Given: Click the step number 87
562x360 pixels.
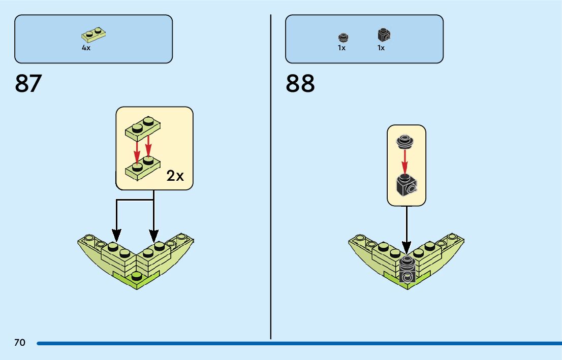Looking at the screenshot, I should click(28, 84).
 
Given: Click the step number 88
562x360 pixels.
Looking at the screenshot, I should click(300, 84).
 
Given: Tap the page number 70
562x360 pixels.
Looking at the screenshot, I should click(20, 343).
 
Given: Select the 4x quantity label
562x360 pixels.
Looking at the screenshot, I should click(86, 48).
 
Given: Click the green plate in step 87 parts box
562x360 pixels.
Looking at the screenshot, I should click(93, 35).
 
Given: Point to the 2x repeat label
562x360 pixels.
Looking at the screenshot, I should click(175, 176).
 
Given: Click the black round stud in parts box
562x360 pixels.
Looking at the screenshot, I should click(342, 37).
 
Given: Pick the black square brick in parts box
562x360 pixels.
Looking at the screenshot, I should click(384, 35).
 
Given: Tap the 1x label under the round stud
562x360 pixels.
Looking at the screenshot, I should click(341, 48).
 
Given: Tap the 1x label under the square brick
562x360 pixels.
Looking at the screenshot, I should click(381, 48).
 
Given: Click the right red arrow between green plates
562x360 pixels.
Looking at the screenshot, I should click(148, 146).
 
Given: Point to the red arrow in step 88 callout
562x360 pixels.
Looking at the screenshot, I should click(405, 161).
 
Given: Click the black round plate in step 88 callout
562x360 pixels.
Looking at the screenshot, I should click(405, 140).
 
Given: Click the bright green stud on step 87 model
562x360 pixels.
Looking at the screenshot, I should click(136, 277).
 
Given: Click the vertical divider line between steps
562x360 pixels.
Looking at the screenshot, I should click(271, 178).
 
